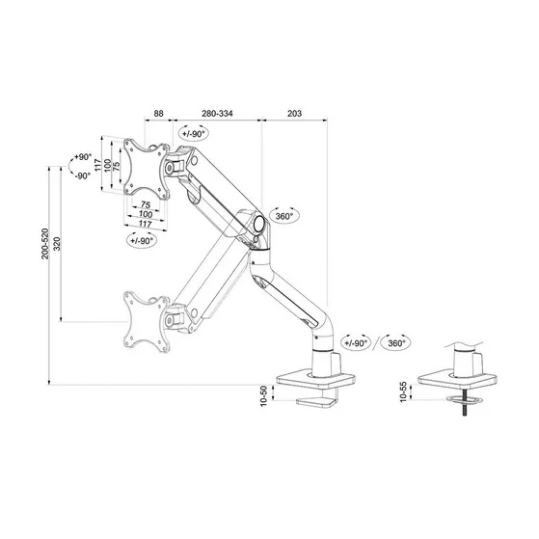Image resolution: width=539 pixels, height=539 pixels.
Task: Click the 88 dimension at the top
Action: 159,114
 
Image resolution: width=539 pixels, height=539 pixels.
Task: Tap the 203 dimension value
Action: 294,114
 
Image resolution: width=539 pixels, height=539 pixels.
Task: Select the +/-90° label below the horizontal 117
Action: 142,241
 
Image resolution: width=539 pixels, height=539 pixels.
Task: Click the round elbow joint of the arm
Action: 259,225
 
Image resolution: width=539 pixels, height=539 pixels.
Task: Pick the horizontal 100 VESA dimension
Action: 144,214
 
